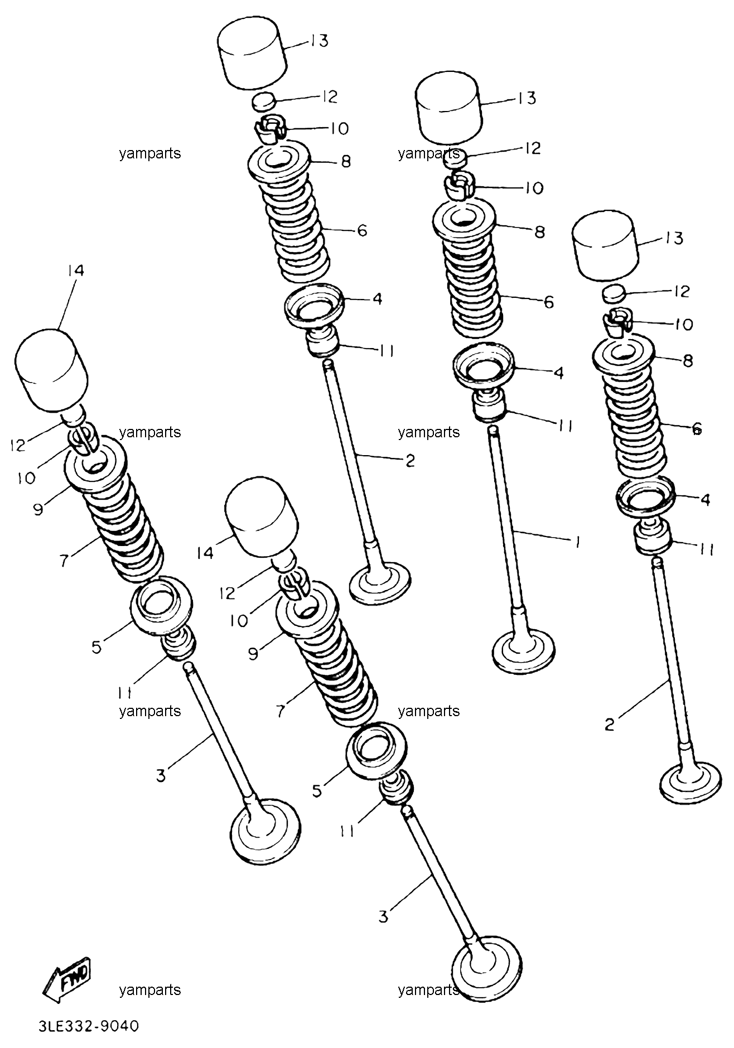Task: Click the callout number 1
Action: pos(577,540)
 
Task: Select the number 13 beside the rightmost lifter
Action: pos(674,239)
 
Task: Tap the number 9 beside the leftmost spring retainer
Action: pos(38,509)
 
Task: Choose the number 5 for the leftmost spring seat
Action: pos(96,647)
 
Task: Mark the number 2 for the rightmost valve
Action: pos(610,725)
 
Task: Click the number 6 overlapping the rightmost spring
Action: pos(697,428)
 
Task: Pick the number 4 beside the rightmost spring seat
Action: pos(705,500)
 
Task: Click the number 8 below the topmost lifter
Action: pos(346,162)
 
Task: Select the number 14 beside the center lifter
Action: pos(205,553)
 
